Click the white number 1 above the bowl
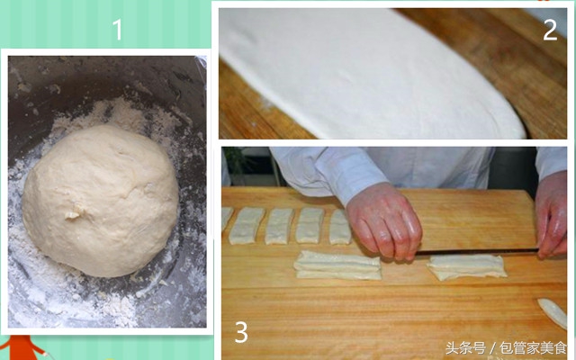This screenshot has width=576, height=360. [117, 31]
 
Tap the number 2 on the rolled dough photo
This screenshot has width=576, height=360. [550, 30]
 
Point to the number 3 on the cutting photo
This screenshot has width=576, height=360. [240, 332]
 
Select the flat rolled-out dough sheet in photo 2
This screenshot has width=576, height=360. [360, 72]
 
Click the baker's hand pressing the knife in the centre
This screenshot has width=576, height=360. [383, 220]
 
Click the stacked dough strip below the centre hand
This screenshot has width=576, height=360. [338, 264]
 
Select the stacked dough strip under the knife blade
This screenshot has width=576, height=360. [466, 266]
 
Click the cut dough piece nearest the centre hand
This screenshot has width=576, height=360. [339, 227]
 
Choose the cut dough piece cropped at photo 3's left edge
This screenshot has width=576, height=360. [226, 220]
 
